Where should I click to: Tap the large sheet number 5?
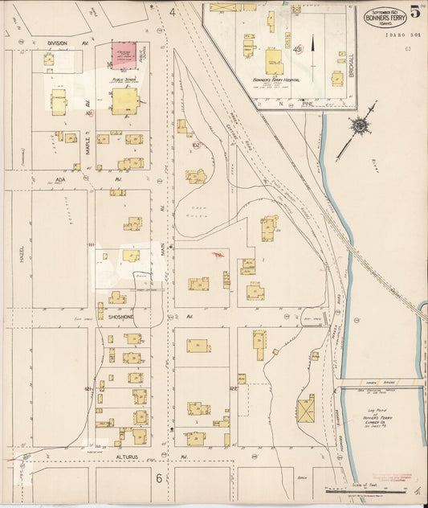pyautogui.click(x=414, y=12)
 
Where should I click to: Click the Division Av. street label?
pyautogui.click(x=58, y=43)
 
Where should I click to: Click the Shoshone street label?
pyautogui.click(x=119, y=317)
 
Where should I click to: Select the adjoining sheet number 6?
pyautogui.click(x=159, y=479)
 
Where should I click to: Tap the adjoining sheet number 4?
pyautogui.click(x=172, y=13)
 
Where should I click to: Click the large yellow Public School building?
pyautogui.click(x=124, y=101)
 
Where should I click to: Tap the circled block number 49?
pyautogui.click(x=297, y=50)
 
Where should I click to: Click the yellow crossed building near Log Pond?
pyautogui.click(x=305, y=411)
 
